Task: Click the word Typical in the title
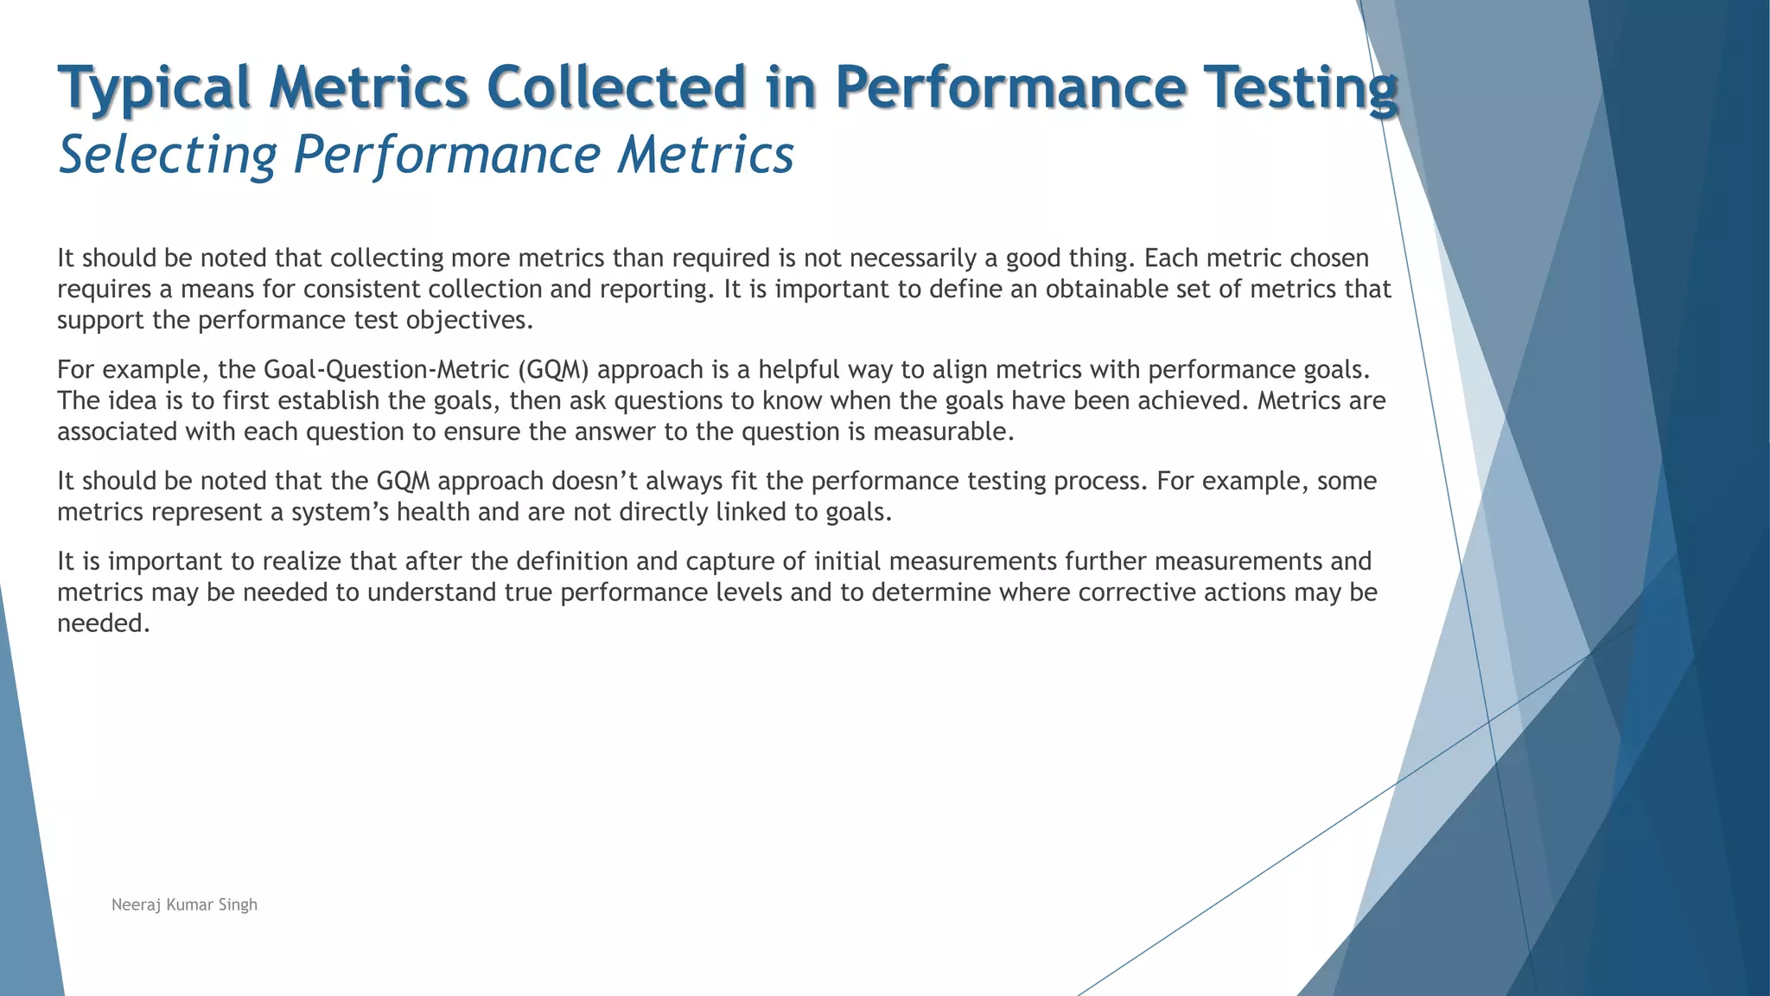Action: [x=154, y=88]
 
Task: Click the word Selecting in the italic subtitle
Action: [x=168, y=156]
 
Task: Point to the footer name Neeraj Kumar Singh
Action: [x=184, y=904]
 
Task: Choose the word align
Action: [x=960, y=370]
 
